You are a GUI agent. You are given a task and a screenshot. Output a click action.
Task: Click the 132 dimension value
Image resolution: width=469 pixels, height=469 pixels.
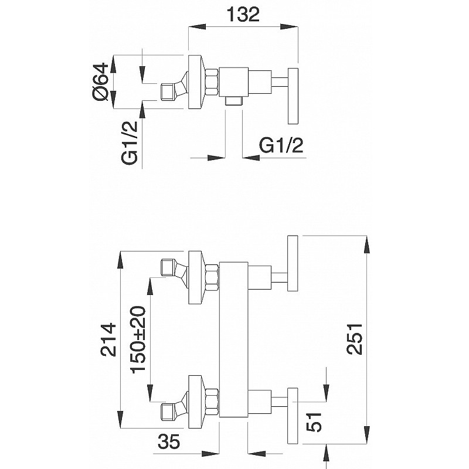coord(243,14)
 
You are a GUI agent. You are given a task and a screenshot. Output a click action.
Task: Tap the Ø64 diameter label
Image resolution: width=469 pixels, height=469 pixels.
coord(100,81)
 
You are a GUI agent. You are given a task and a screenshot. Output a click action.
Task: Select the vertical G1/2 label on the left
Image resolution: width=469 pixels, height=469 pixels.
coord(130,142)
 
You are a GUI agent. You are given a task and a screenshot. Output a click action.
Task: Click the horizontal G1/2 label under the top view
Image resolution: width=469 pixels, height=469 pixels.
coord(281,145)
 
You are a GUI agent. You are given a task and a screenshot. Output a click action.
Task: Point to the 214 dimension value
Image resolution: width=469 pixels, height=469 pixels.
coord(108,339)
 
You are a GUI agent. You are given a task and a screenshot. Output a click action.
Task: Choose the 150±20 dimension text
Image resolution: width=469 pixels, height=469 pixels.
coord(139,338)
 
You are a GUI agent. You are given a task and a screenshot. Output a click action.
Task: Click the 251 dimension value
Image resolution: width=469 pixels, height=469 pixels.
coord(355,339)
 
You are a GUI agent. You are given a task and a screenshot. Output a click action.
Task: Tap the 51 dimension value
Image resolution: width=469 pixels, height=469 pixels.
coord(314,422)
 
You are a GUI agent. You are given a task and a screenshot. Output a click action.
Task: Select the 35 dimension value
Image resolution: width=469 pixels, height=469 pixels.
coord(169,441)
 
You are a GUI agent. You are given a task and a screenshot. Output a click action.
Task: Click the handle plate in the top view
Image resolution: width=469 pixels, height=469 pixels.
coord(293,96)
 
